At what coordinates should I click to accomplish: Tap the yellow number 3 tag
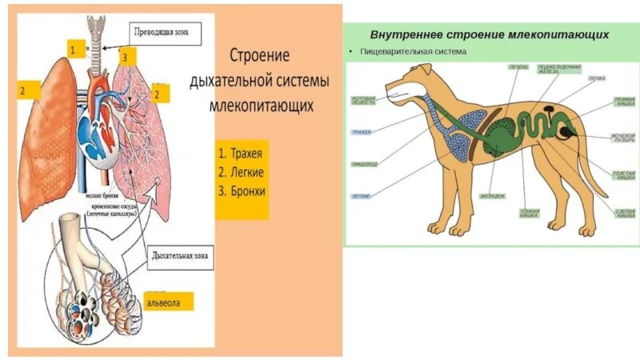click(x=124, y=57)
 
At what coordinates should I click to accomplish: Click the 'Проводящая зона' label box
click(x=166, y=34)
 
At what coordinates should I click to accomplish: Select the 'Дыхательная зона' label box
click(x=180, y=258)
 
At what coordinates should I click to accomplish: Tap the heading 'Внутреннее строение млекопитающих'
click(x=490, y=35)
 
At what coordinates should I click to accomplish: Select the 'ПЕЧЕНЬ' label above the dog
click(x=518, y=67)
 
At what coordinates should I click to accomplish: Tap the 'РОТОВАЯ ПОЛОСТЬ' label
click(x=364, y=102)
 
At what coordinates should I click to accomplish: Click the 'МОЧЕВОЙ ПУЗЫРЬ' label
click(x=622, y=140)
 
